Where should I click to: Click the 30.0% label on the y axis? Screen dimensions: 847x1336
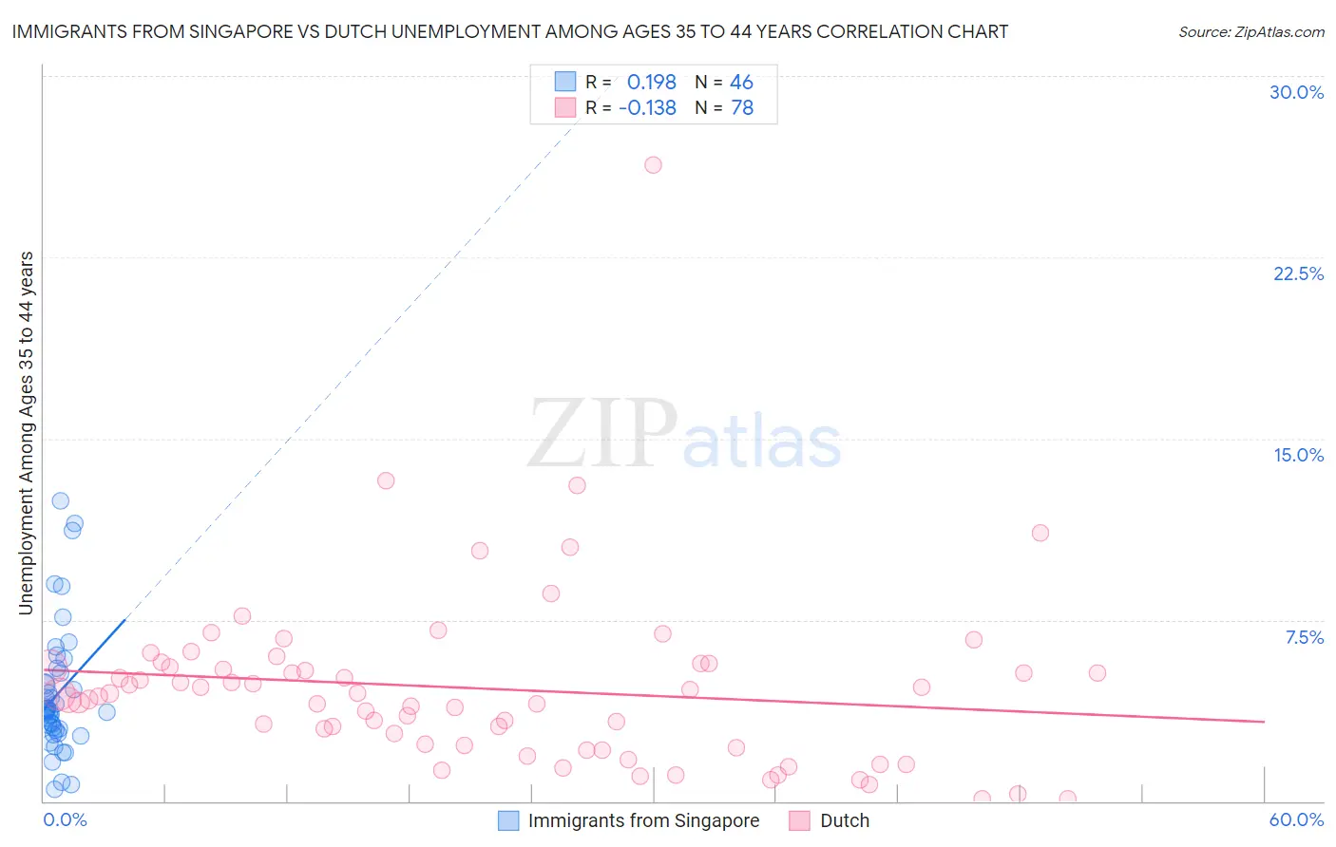point(1296,92)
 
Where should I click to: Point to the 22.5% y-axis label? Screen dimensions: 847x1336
point(1298,273)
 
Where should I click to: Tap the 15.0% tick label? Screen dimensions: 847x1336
point(1298,455)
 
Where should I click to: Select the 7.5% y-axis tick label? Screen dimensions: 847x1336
point(1304,637)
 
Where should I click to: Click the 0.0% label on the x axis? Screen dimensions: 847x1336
point(65,819)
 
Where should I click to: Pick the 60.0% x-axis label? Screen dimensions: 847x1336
point(1296,819)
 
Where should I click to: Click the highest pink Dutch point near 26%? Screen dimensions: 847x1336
point(653,165)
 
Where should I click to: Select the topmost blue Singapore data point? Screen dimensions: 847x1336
point(60,500)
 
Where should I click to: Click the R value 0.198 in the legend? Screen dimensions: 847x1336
point(651,83)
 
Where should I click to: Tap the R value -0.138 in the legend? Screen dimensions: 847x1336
point(647,108)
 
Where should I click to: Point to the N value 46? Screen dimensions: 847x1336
point(741,83)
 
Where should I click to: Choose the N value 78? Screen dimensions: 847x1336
point(741,108)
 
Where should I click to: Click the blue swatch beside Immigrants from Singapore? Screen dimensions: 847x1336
point(508,820)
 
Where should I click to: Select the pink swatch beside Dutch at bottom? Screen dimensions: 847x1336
point(800,820)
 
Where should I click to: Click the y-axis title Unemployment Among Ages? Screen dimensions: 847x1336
point(26,432)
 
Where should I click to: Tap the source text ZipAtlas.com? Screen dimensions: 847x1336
point(1250,32)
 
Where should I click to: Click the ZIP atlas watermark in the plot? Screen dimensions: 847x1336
point(684,435)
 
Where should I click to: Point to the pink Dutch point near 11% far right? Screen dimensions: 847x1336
point(1040,533)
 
